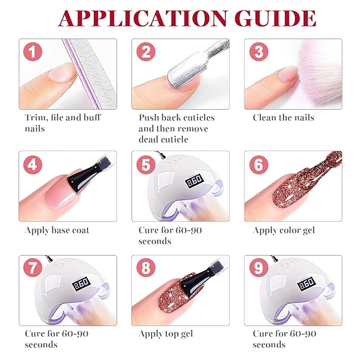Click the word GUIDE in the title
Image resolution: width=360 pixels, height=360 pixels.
(x=276, y=19)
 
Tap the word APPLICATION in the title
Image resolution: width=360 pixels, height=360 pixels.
(x=143, y=19)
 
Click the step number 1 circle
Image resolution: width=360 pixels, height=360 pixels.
(x=33, y=51)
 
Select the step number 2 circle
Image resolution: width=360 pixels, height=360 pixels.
(x=146, y=51)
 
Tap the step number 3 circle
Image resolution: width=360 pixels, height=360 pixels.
(x=259, y=51)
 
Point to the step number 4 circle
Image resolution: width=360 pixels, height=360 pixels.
(x=33, y=164)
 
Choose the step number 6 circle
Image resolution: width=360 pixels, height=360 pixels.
(x=259, y=164)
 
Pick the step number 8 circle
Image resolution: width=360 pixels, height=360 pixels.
(x=146, y=268)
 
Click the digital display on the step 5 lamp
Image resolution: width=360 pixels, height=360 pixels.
(x=194, y=181)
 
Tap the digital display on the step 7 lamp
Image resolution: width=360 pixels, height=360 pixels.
(x=81, y=284)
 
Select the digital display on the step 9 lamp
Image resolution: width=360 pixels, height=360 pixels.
(x=306, y=284)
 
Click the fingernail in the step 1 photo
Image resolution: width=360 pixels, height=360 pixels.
(x=62, y=73)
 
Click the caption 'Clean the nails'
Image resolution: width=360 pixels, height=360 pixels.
(x=283, y=118)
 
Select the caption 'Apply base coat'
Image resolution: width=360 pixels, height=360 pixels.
(x=57, y=230)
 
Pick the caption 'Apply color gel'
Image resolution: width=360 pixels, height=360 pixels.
(x=284, y=230)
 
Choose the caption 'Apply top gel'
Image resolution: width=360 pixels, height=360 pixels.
(x=166, y=334)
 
